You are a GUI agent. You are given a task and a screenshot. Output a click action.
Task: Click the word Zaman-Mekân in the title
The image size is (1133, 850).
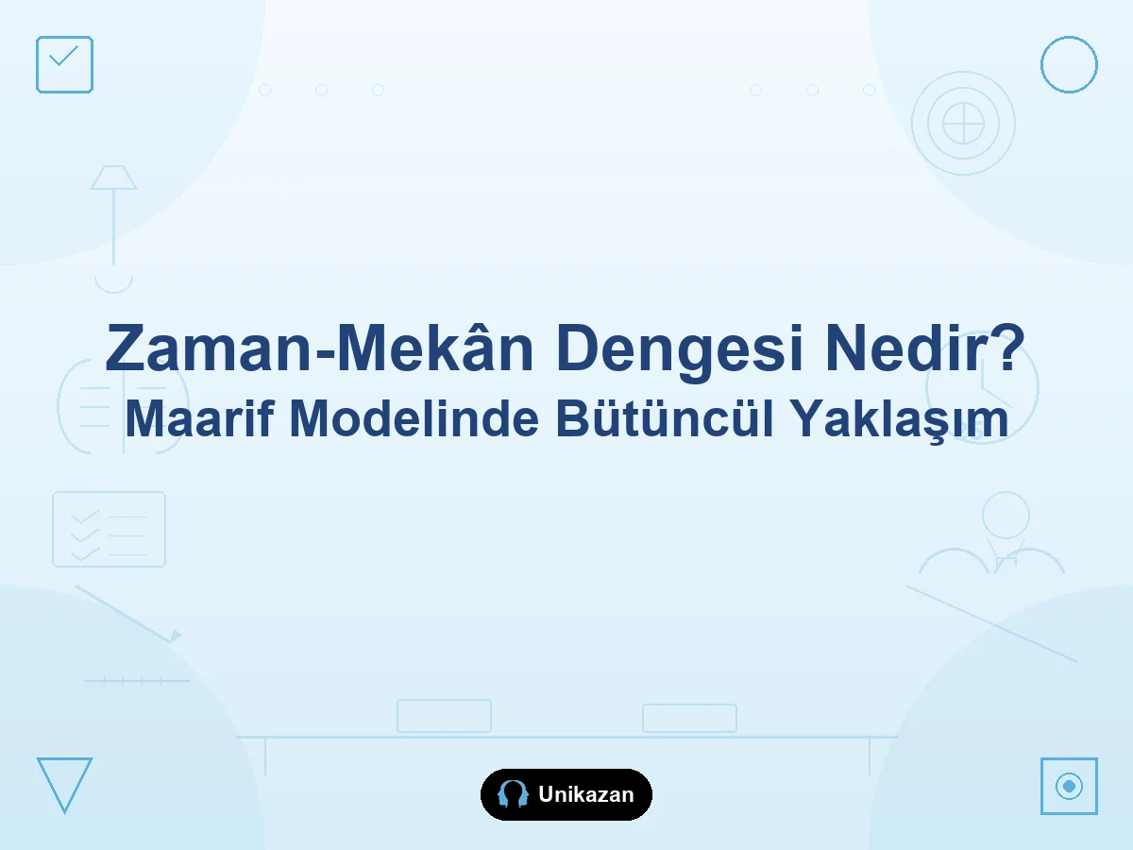coord(319,347)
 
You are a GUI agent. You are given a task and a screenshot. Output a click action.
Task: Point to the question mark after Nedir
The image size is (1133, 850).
coord(1008,347)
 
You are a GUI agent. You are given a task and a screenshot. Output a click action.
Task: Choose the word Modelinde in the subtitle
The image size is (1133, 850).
coord(414,418)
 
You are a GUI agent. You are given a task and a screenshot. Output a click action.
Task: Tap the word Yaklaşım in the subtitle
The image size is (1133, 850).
coord(899,420)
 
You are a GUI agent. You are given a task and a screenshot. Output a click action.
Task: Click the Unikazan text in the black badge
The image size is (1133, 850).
coord(586,794)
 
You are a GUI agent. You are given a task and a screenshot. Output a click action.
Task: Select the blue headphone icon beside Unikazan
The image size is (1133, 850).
coord(513,794)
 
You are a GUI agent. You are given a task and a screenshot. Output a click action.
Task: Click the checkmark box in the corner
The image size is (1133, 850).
coord(64,64)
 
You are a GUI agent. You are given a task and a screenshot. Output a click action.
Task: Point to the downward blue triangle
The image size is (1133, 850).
coord(64,786)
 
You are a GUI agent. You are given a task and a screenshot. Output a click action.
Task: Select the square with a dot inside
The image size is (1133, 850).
coord(1069,786)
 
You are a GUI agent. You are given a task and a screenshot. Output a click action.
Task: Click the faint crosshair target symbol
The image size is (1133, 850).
coord(963,124)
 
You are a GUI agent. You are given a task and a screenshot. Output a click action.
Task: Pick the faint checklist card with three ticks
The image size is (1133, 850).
coord(109,530)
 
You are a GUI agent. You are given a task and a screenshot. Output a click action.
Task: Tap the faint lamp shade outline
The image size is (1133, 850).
coord(113,178)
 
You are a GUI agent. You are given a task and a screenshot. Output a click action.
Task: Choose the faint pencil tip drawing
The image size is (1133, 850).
coord(176,636)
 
